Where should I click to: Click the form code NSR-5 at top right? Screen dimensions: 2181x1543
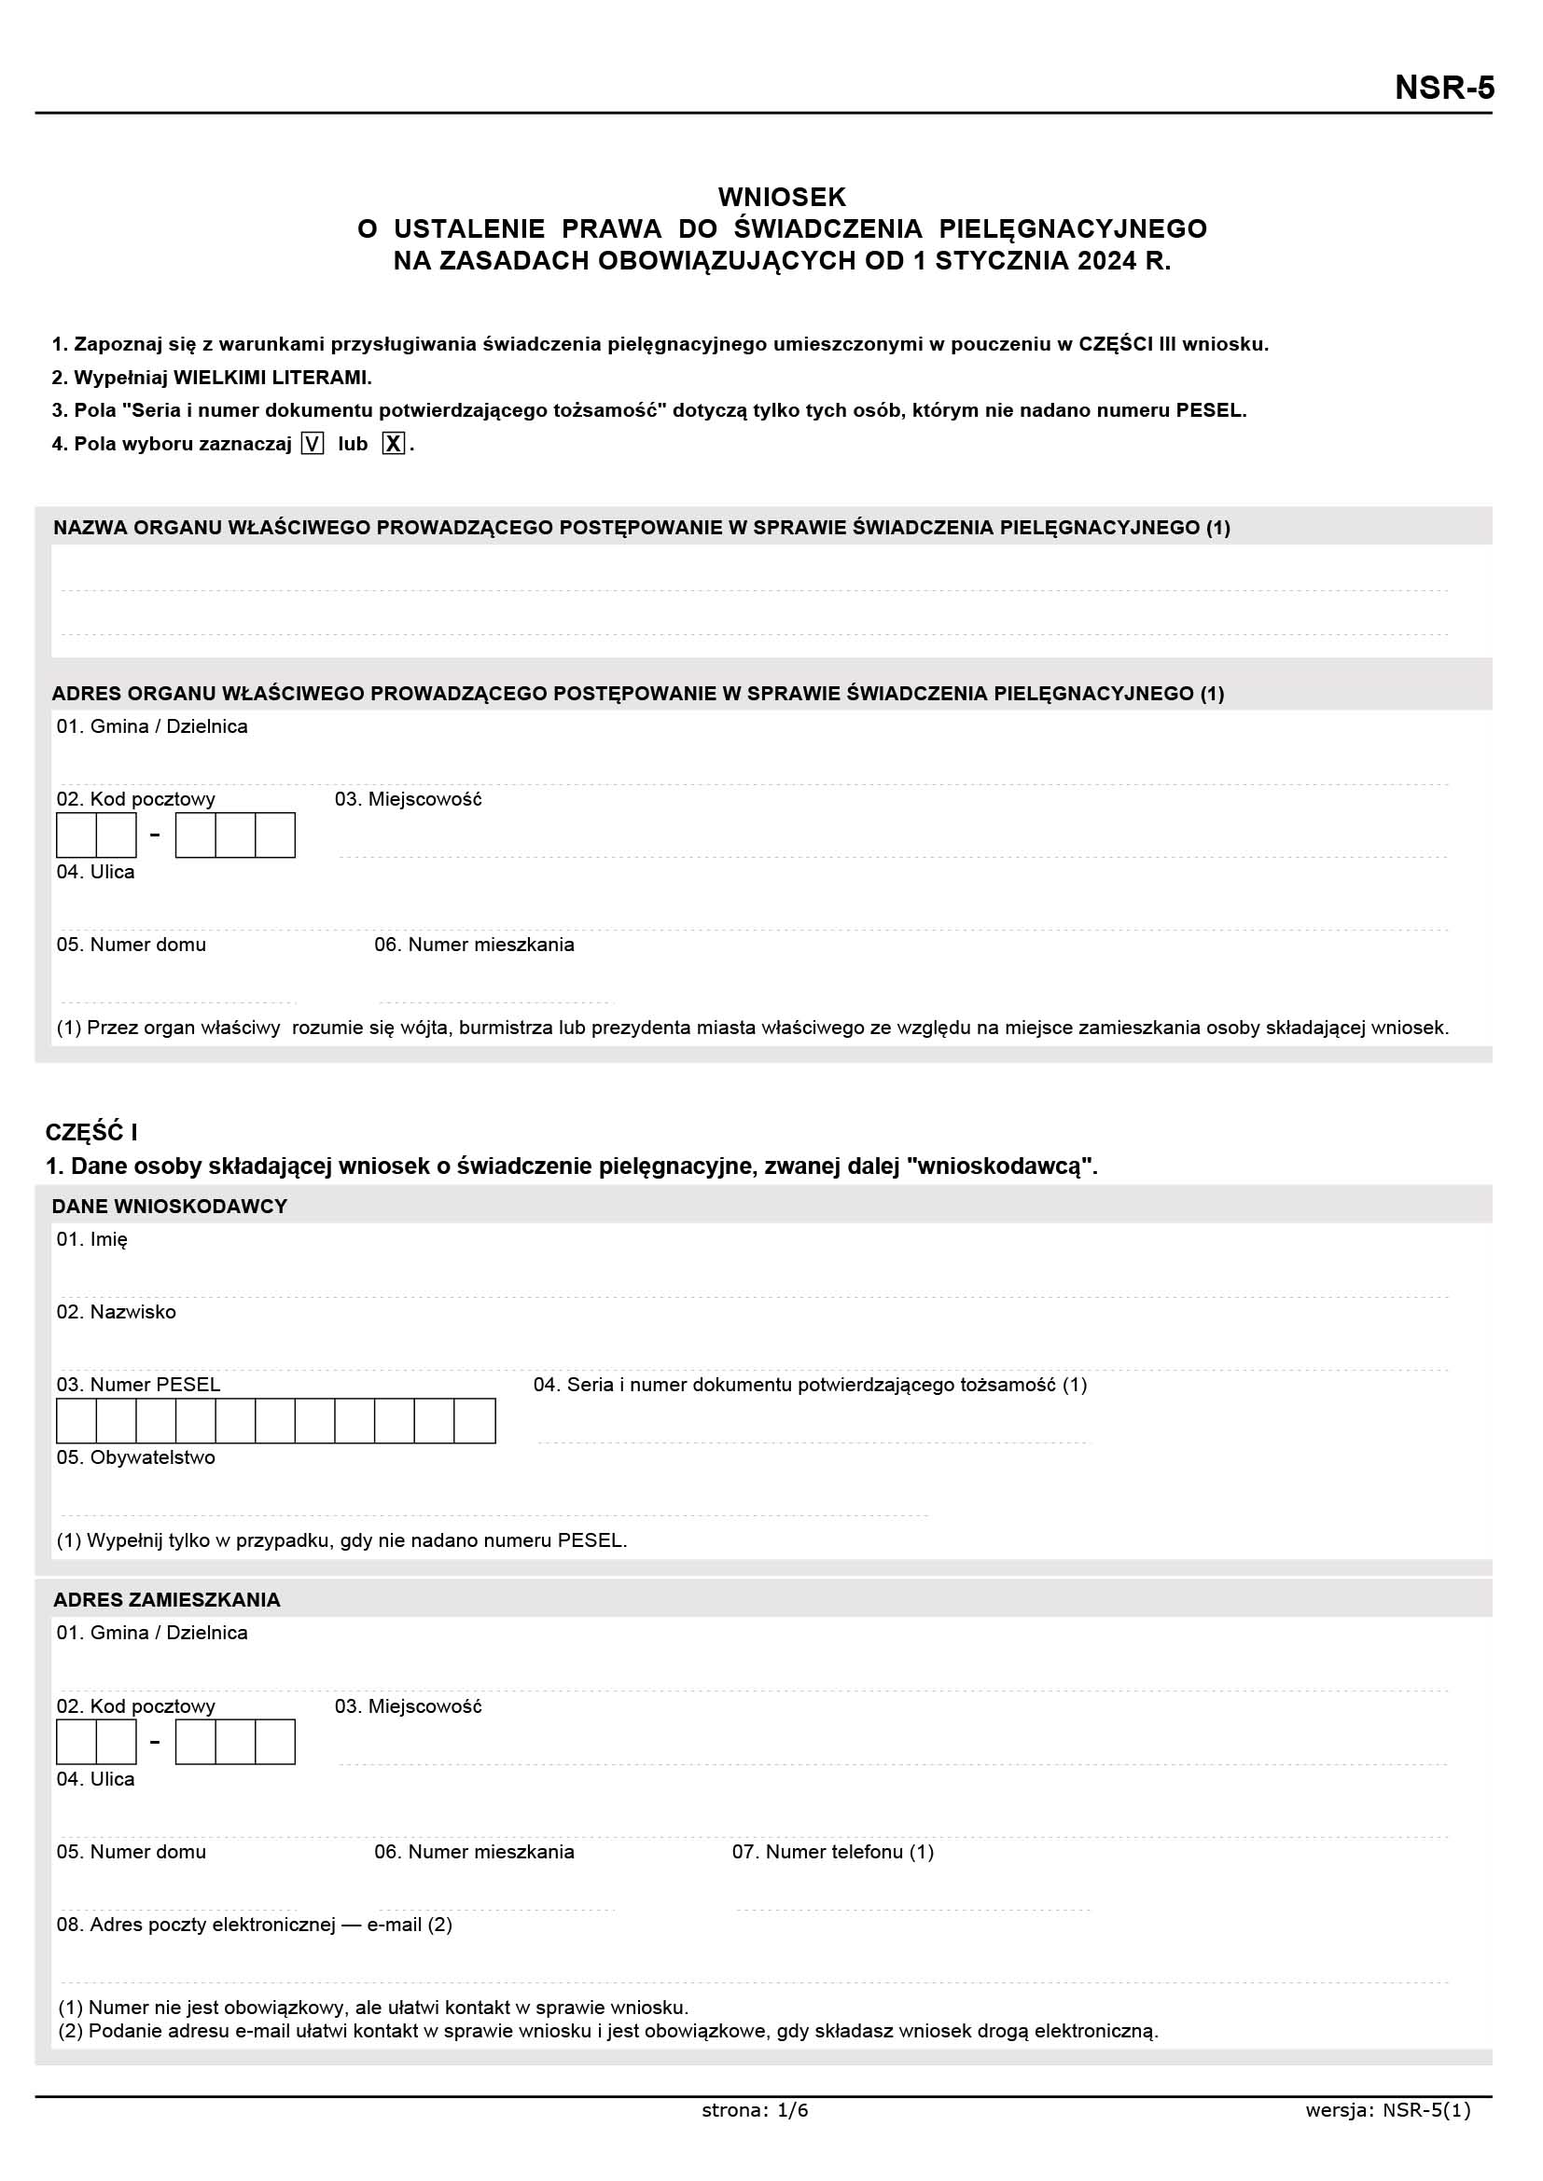(x=1443, y=88)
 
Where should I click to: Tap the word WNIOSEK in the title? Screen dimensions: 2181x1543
(x=781, y=197)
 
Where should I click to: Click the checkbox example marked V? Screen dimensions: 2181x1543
(x=312, y=444)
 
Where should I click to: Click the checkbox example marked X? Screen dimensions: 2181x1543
(x=393, y=444)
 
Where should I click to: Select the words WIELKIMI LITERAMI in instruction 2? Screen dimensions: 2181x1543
(x=271, y=377)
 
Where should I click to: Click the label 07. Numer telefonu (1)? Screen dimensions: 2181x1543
(x=832, y=1852)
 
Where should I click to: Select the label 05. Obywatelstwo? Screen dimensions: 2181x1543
(x=136, y=1457)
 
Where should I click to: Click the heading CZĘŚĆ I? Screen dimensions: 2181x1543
(x=91, y=1132)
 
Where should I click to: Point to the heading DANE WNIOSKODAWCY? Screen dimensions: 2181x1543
(x=169, y=1207)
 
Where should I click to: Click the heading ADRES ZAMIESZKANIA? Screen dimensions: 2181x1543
(x=166, y=1600)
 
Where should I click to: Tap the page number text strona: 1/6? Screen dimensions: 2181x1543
(x=755, y=2111)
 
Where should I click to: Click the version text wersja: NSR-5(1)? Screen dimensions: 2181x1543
(x=1387, y=2111)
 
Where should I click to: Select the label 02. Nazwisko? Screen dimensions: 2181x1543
(x=116, y=1312)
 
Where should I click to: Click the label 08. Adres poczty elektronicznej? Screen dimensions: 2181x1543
(x=254, y=1925)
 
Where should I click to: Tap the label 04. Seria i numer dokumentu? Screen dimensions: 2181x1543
(x=810, y=1385)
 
